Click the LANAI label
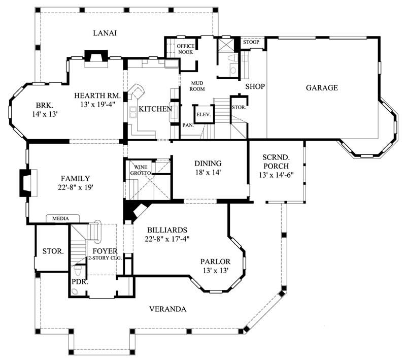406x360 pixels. tap(105, 33)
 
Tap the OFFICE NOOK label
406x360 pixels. tap(185, 49)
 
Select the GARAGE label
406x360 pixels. tap(321, 88)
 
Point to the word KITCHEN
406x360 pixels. tap(155, 109)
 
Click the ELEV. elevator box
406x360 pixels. tap(204, 115)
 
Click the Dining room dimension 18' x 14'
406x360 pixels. tap(208, 173)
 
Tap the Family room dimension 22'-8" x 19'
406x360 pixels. tap(75, 187)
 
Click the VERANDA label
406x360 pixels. tap(168, 309)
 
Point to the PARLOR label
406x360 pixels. tap(215, 261)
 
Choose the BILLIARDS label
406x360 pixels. tap(167, 229)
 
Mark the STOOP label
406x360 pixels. tap(251, 42)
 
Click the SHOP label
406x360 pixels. tap(255, 87)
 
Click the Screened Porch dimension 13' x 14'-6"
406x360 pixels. tap(276, 175)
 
